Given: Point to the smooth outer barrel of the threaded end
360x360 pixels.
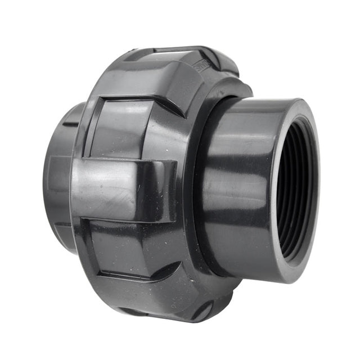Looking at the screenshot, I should (x=236, y=186).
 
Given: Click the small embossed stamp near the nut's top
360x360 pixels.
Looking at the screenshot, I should (x=201, y=65).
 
